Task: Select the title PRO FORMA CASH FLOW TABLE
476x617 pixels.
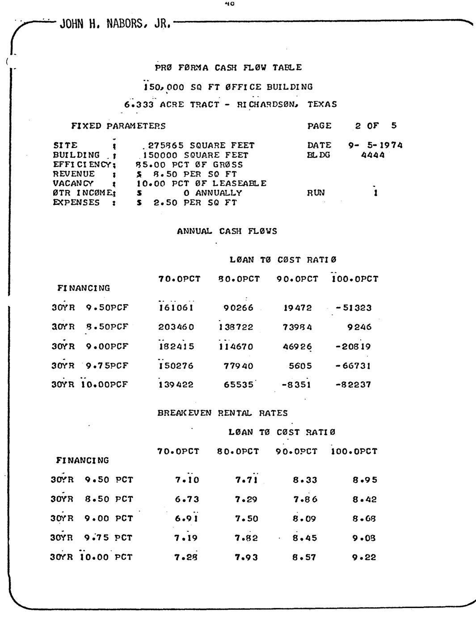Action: tap(228, 68)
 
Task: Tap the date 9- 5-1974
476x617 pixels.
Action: tap(375, 145)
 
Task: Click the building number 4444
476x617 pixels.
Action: tap(373, 155)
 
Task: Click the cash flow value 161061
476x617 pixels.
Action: tap(176, 308)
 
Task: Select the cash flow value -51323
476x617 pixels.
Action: tap(354, 308)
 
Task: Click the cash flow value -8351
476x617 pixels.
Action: tap(296, 385)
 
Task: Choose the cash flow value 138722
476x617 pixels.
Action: tap(236, 327)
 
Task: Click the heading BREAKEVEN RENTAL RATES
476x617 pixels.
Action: tap(223, 413)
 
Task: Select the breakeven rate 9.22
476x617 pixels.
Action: tap(364, 557)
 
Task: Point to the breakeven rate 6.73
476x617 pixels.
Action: tap(187, 499)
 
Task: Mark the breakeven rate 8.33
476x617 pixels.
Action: tap(305, 480)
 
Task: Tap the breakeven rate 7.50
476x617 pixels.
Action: tap(247, 518)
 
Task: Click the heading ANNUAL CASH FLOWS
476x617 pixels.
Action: tap(227, 231)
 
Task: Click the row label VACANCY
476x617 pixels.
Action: tap(73, 183)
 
